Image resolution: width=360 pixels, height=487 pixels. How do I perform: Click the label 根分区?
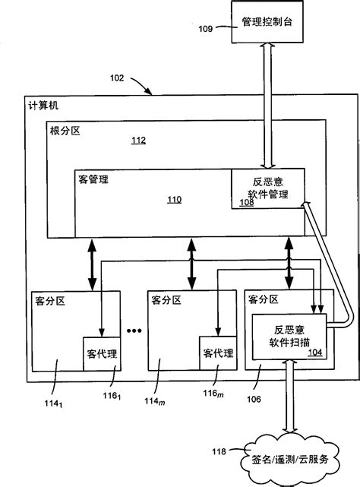[x=66, y=131]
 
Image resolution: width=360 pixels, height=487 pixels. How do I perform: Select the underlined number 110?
[x=174, y=200]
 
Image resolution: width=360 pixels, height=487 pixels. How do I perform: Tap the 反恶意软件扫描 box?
[x=287, y=336]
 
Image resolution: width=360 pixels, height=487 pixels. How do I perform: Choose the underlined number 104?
[x=314, y=353]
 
